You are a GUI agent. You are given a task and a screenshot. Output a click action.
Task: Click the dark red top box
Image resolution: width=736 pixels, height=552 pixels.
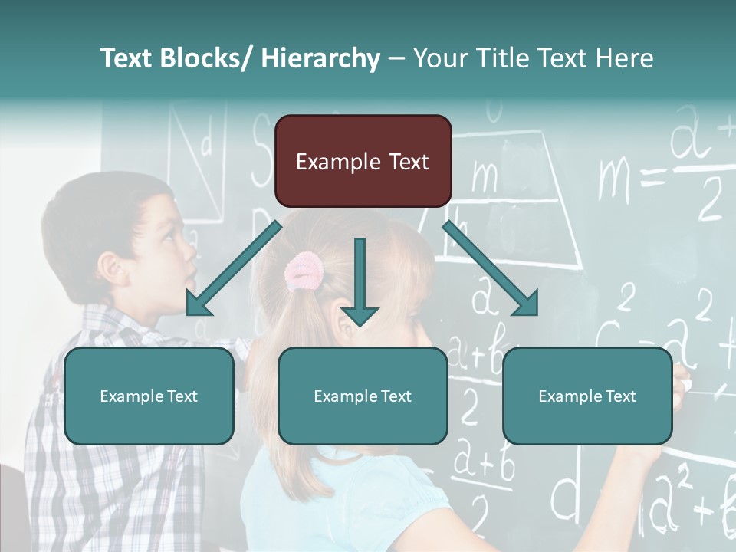(x=363, y=161)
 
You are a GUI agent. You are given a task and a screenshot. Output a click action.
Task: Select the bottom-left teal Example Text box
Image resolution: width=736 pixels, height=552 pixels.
(x=149, y=396)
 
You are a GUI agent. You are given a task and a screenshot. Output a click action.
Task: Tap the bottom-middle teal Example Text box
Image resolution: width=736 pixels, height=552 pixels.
(x=363, y=396)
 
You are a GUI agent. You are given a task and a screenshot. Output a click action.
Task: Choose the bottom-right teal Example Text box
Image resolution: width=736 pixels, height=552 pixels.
(x=587, y=396)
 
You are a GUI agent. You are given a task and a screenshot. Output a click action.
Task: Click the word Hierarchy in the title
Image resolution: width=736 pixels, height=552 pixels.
(x=320, y=58)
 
